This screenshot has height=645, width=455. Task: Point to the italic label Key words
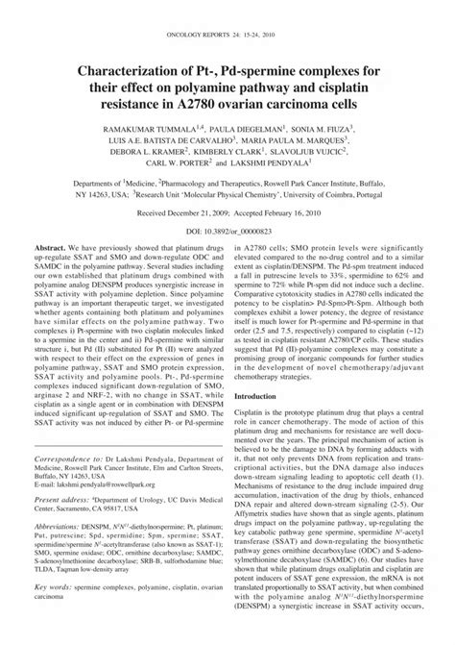(50, 624)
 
